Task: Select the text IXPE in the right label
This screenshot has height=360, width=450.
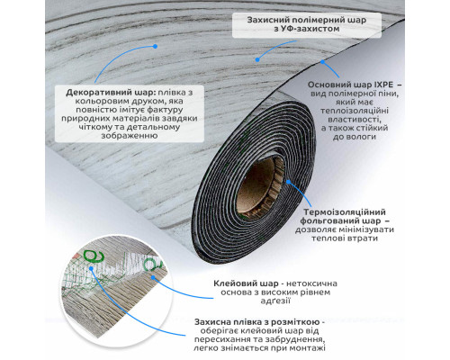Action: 381,85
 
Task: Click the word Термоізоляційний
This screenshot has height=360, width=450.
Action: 345,212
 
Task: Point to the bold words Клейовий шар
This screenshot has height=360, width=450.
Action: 245,283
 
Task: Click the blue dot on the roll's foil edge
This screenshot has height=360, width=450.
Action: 288,182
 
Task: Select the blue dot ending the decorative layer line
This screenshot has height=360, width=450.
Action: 155,46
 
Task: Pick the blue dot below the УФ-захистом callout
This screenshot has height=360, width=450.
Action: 257,59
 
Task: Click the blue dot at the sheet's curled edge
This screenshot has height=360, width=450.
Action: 322,62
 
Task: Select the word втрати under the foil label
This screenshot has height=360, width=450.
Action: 361,238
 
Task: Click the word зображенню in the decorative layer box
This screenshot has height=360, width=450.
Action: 130,136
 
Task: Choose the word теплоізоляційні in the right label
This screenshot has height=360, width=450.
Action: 355,111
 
